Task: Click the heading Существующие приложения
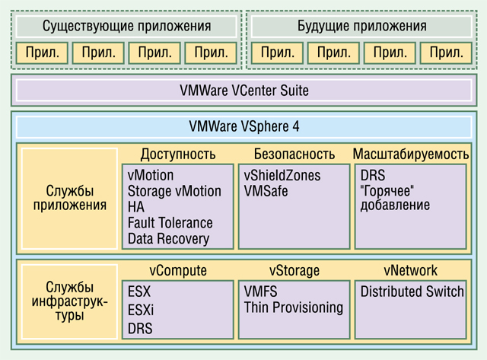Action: (127, 26)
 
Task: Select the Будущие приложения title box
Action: (361, 27)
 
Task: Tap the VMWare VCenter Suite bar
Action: (243, 90)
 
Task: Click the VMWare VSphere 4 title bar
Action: (243, 127)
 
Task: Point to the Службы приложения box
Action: (69, 199)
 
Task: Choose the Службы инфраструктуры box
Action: (69, 301)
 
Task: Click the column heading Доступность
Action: (178, 154)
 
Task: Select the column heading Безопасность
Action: (294, 154)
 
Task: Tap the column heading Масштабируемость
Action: (411, 154)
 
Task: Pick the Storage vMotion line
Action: (174, 191)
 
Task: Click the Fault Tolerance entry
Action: (170, 223)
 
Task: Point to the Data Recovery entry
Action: (168, 239)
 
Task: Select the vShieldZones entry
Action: (282, 176)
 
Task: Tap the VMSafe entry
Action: (266, 191)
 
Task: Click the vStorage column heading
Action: (294, 270)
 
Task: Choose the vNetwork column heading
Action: (411, 270)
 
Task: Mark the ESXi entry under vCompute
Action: (141, 310)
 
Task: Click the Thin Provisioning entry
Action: (294, 307)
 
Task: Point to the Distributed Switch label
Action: (412, 292)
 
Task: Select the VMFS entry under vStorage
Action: (260, 292)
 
